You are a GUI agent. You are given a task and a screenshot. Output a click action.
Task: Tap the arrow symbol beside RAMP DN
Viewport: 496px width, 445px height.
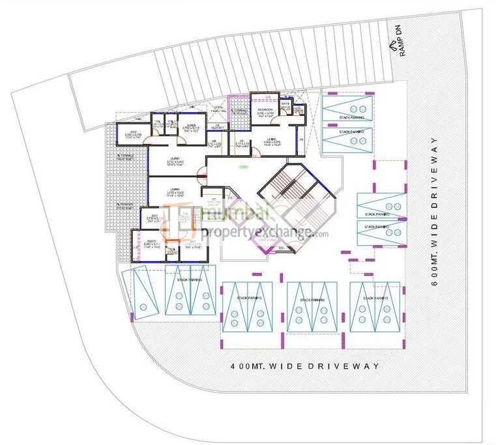click(x=392, y=46)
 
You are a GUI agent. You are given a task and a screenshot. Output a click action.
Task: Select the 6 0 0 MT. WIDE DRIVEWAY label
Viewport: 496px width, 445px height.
click(x=435, y=208)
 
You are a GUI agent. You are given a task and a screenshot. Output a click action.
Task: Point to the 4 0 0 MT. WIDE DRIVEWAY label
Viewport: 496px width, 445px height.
click(x=305, y=367)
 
